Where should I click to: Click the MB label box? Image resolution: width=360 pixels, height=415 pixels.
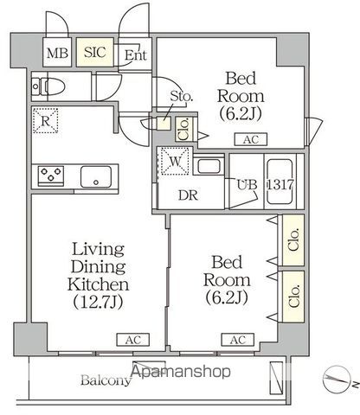point(58,53)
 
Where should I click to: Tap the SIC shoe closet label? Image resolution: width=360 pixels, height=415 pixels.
point(95,53)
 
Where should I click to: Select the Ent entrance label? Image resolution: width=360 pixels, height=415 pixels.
point(135,56)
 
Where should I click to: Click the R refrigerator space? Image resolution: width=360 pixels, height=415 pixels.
point(46,121)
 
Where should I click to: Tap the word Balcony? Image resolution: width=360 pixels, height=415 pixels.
point(106,380)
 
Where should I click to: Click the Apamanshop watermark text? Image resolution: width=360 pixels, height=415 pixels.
point(182,373)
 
